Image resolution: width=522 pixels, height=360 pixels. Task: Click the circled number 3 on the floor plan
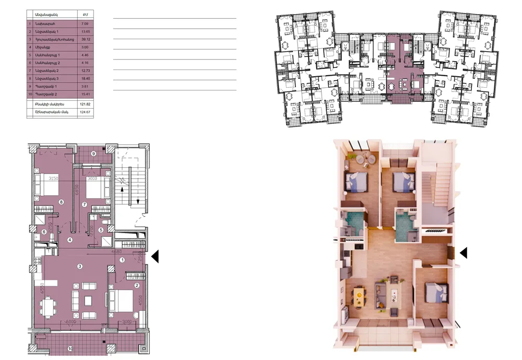pos(79,266)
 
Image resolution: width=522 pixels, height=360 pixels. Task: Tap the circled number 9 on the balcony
pos(93,154)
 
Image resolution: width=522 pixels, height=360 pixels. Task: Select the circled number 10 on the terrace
pos(69,349)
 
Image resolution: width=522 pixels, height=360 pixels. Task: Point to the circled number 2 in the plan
pos(136,285)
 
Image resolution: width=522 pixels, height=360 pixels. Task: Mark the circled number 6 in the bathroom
pos(44,232)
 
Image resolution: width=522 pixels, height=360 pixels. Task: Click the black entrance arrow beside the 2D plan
pos(155,257)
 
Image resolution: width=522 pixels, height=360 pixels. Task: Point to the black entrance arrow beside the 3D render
pos(464,253)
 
